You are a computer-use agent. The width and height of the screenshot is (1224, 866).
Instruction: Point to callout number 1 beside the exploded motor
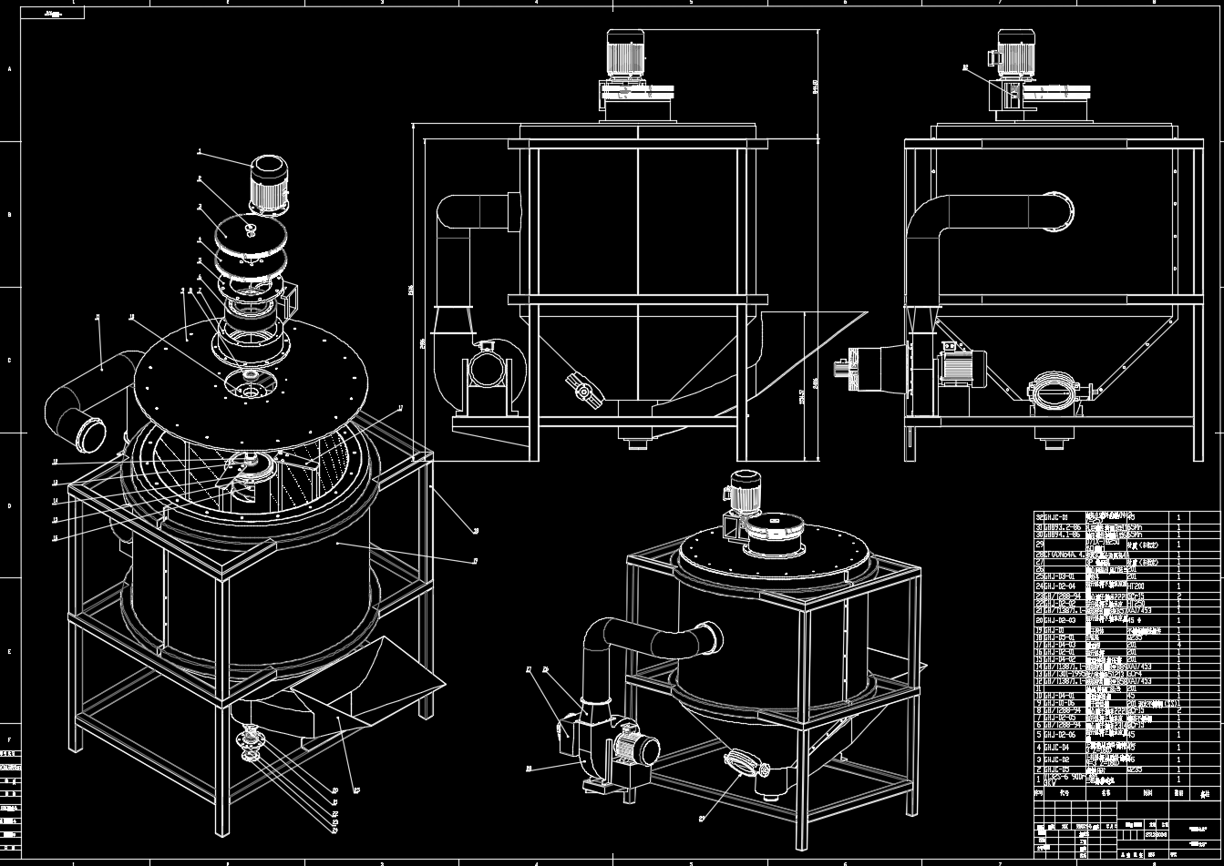[x=200, y=151]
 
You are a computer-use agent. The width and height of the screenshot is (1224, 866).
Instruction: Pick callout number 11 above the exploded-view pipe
[x=98, y=318]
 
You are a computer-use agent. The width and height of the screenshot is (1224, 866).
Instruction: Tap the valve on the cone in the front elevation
[x=583, y=392]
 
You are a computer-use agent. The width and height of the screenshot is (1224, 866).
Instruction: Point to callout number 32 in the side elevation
[x=965, y=67]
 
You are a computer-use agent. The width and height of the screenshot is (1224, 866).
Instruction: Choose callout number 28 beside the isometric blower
[x=529, y=769]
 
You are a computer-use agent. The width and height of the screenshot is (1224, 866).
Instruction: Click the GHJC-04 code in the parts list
[x=1056, y=748]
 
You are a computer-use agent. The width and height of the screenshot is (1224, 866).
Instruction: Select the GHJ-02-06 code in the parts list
[x=1058, y=734]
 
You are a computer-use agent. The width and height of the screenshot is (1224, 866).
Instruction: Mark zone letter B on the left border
[x=10, y=215]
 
